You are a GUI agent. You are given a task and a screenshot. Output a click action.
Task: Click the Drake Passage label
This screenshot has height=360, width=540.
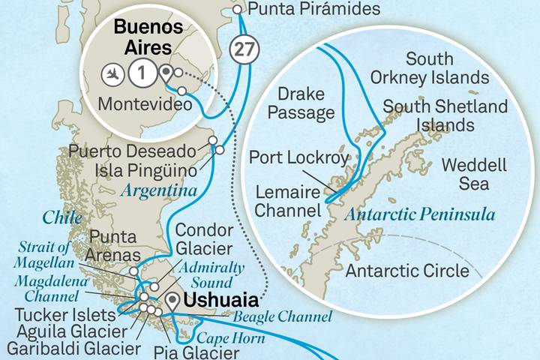coord(306,103)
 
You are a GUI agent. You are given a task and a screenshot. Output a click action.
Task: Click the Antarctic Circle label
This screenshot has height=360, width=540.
coord(407,271)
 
